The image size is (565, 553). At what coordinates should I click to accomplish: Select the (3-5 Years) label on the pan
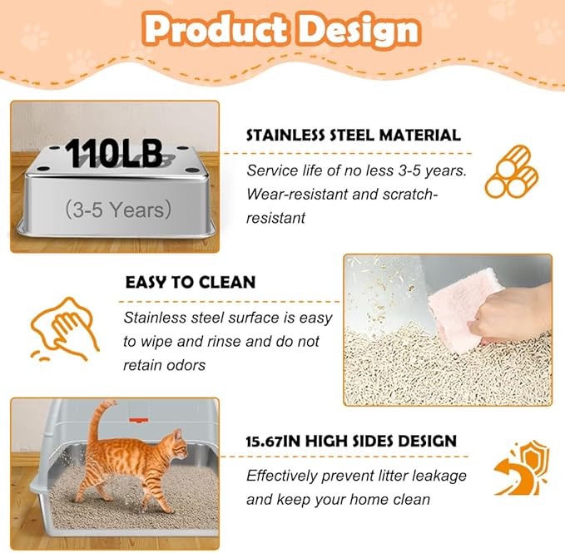click(117, 209)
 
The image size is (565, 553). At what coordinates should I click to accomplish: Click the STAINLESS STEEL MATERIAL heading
click(353, 135)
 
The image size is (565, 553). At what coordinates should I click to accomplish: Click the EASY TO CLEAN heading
click(190, 282)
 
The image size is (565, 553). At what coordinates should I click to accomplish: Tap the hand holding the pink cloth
click(520, 318)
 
